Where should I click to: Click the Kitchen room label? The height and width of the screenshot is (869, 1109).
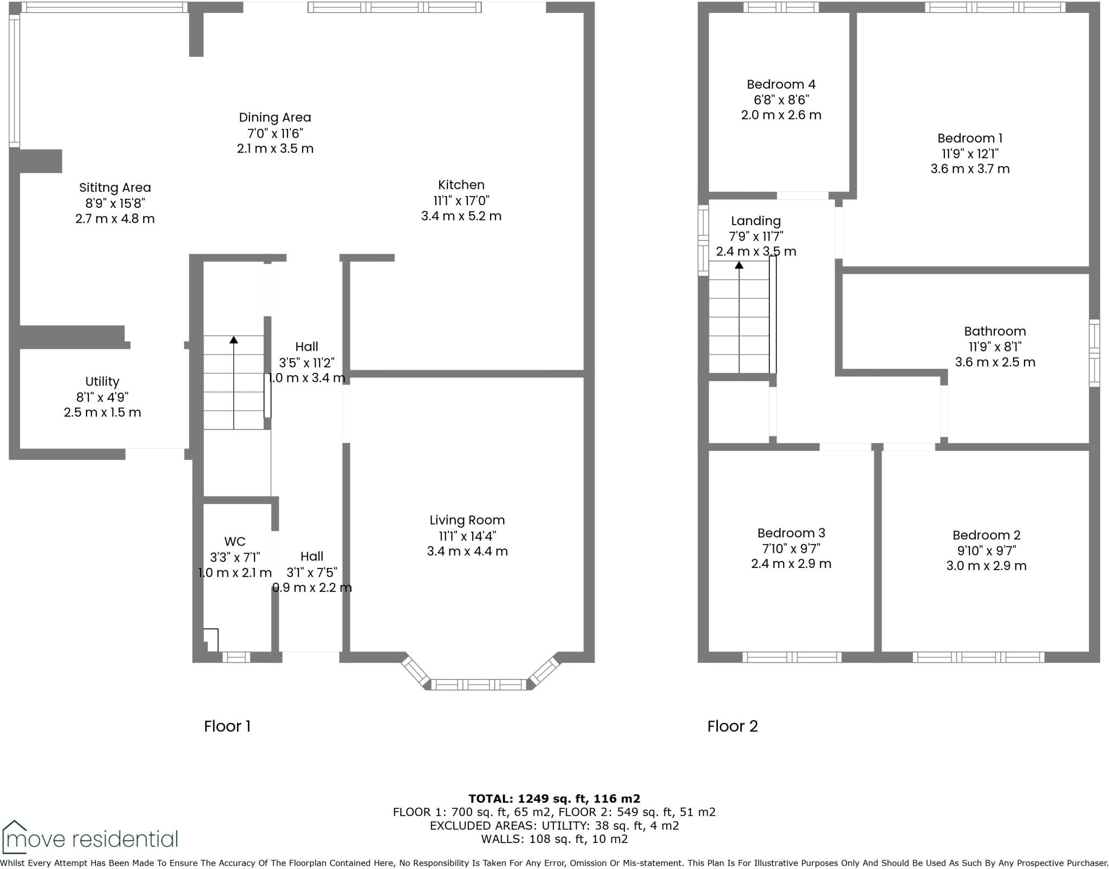pyautogui.click(x=461, y=185)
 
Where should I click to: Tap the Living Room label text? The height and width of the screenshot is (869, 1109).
pyautogui.click(x=467, y=520)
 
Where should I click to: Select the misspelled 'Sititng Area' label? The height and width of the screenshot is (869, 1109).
pyautogui.click(x=115, y=188)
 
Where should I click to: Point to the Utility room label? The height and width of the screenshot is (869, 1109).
pyautogui.click(x=102, y=382)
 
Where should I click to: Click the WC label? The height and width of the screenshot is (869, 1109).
pyautogui.click(x=234, y=541)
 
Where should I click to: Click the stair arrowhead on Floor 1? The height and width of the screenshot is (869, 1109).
pyautogui.click(x=233, y=340)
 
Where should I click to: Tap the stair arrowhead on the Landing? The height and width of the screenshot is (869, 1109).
pyautogui.click(x=739, y=265)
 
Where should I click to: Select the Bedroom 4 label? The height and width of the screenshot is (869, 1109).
pyautogui.click(x=781, y=84)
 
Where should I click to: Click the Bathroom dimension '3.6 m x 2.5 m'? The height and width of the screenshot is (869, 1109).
pyautogui.click(x=995, y=362)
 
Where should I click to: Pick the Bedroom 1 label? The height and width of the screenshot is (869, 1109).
pyautogui.click(x=969, y=138)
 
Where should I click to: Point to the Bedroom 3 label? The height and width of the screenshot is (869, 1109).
pyautogui.click(x=791, y=533)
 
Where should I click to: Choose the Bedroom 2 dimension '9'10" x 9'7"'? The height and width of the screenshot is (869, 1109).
pyautogui.click(x=986, y=551)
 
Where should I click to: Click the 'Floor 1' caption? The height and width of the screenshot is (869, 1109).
pyautogui.click(x=227, y=726)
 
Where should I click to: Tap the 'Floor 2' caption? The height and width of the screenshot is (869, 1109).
pyautogui.click(x=732, y=726)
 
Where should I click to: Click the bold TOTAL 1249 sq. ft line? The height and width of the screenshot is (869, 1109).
pyautogui.click(x=554, y=798)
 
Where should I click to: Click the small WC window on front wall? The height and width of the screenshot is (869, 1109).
pyautogui.click(x=236, y=657)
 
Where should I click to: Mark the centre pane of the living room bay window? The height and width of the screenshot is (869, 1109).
pyautogui.click(x=478, y=685)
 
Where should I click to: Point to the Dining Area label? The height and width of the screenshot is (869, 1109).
pyautogui.click(x=275, y=117)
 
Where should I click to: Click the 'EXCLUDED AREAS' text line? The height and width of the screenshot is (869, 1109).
pyautogui.click(x=554, y=826)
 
